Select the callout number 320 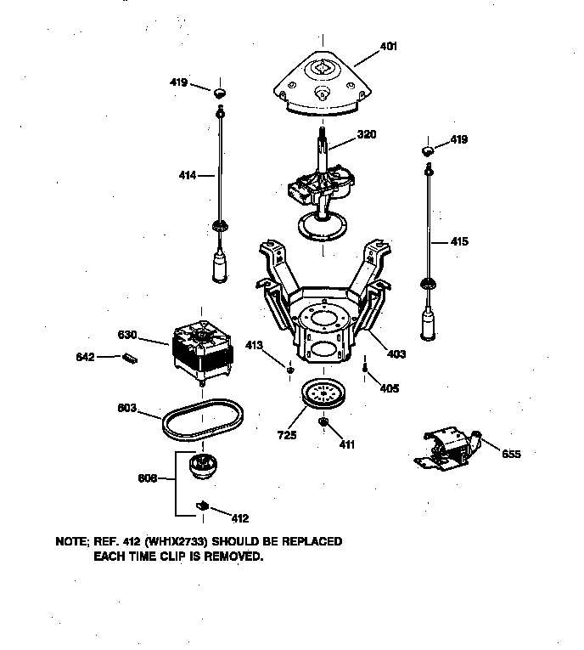pos(367,134)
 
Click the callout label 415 pos(458,242)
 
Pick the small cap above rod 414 pos(220,92)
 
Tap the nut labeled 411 pos(323,422)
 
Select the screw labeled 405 pos(364,370)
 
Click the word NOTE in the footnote pos(72,541)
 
